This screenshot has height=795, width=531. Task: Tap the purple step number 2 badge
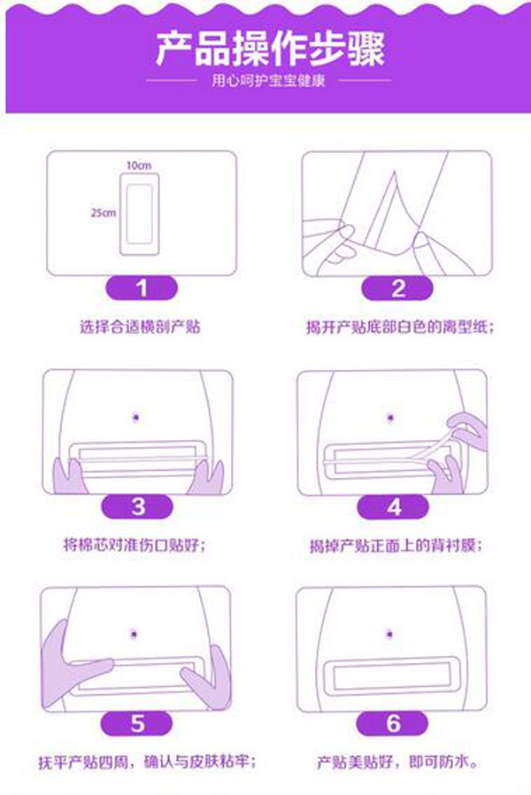[396, 289]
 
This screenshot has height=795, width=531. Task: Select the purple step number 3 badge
[138, 506]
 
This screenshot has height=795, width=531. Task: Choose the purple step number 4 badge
[394, 506]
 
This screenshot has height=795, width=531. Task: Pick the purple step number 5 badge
[138, 722]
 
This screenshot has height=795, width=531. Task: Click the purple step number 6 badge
[394, 722]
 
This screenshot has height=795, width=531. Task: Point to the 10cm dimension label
[137, 166]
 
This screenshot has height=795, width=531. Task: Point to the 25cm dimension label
[103, 213]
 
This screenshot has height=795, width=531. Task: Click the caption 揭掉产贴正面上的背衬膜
[394, 546]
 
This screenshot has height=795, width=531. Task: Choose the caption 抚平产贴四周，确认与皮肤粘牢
[140, 760]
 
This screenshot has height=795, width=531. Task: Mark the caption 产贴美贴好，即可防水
[394, 760]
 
